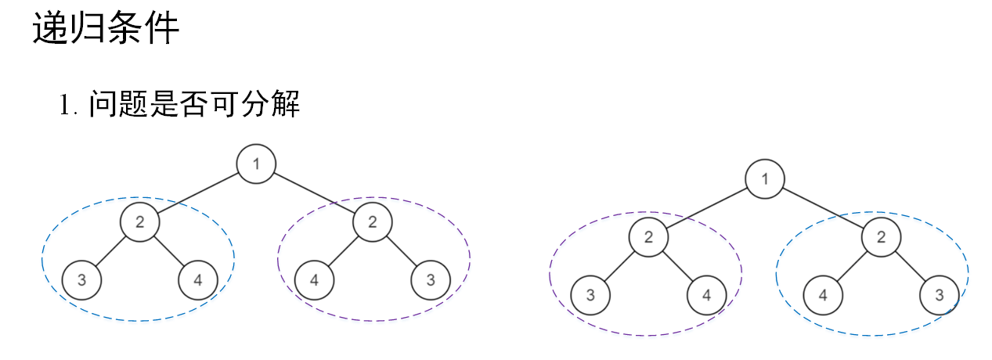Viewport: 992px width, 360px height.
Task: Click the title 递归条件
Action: (106, 30)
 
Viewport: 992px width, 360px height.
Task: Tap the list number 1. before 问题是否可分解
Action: (70, 105)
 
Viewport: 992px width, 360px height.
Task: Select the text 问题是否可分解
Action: (194, 103)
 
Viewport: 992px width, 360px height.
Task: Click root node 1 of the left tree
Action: (256, 164)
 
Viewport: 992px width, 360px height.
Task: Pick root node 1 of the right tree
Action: (765, 179)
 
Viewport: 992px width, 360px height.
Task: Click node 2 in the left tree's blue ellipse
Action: (139, 221)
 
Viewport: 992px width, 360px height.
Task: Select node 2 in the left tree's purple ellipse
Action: (372, 221)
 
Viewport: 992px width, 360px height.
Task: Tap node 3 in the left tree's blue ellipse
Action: (81, 280)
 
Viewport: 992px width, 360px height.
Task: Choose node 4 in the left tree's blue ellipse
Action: (197, 280)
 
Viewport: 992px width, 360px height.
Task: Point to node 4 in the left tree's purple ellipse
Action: (314, 280)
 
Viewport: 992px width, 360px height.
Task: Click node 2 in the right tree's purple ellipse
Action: (648, 237)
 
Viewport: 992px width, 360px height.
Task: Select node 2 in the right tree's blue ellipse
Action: (881, 237)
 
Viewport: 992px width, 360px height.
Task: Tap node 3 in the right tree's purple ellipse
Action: (590, 295)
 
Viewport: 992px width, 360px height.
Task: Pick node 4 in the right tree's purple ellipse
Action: (706, 295)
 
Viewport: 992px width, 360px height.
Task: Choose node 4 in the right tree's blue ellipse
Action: (823, 295)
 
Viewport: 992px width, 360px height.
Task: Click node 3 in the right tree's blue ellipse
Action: (939, 295)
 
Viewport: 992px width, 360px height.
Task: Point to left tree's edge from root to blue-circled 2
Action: (198, 193)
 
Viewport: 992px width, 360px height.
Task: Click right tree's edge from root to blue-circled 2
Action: (823, 208)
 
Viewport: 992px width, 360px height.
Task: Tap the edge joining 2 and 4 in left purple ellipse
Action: (343, 251)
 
